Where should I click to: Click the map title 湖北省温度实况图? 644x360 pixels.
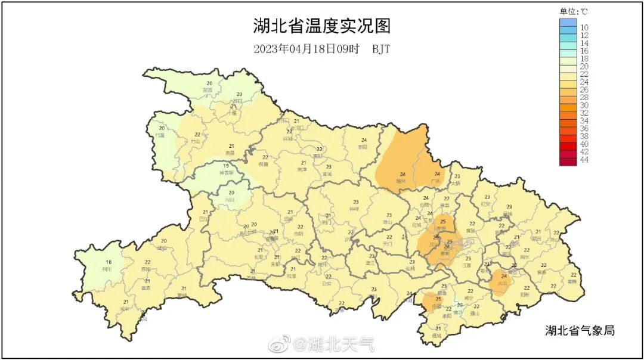tap(321, 27)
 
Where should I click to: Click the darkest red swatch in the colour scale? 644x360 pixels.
tap(568, 160)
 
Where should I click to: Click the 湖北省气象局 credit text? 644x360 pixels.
tap(580, 330)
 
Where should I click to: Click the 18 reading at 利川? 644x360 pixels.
tap(109, 262)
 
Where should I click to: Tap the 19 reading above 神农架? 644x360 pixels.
tap(227, 165)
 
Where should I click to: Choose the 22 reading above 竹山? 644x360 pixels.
tap(197, 135)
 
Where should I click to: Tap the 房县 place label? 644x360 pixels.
tap(231, 153)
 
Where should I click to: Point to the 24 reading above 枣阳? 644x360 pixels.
tap(364, 140)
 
